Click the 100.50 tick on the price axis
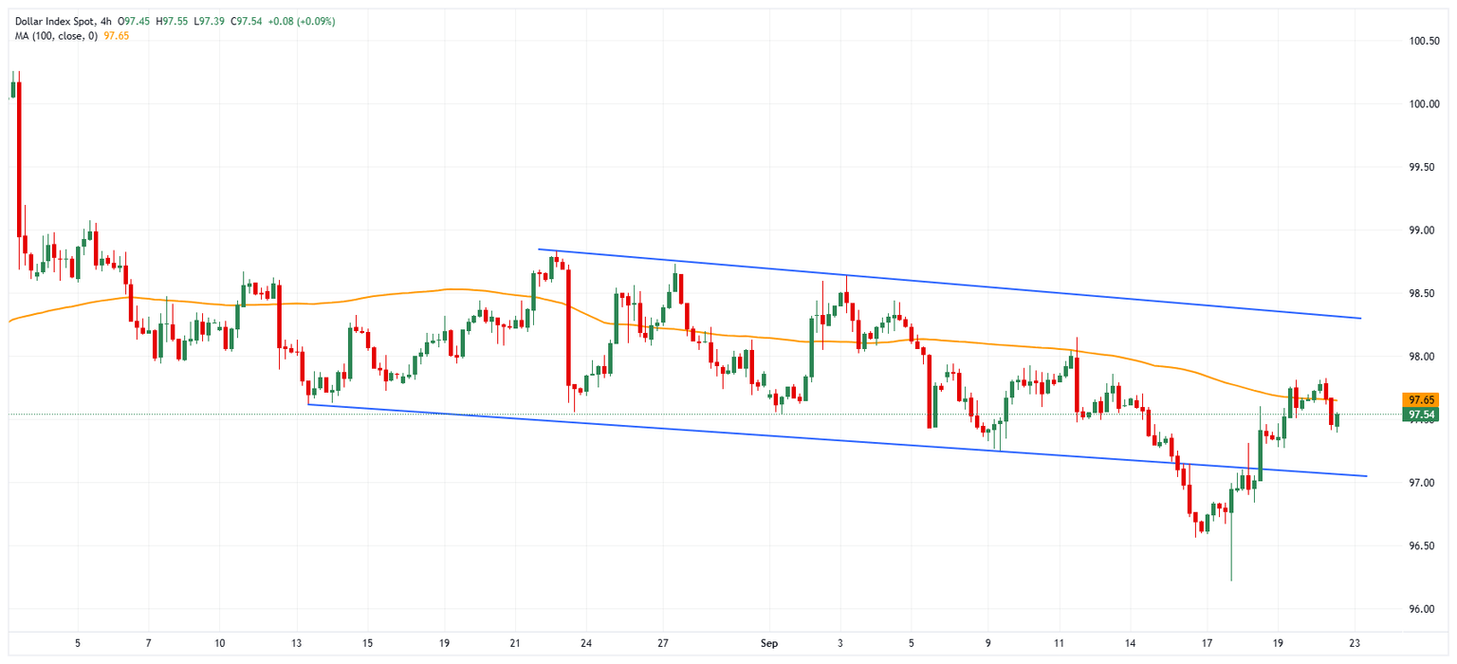click(x=1425, y=42)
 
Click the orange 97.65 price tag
click(x=1420, y=400)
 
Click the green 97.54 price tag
click(x=1420, y=415)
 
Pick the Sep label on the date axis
click(x=769, y=643)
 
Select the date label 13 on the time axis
click(x=297, y=643)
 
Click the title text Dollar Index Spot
click(x=47, y=21)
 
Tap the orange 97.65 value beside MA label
click(x=117, y=35)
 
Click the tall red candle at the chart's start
click(x=19, y=157)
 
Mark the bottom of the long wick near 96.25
click(x=1231, y=581)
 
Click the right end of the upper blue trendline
click(x=1361, y=318)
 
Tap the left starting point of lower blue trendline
click(x=309, y=405)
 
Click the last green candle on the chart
click(x=1337, y=420)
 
